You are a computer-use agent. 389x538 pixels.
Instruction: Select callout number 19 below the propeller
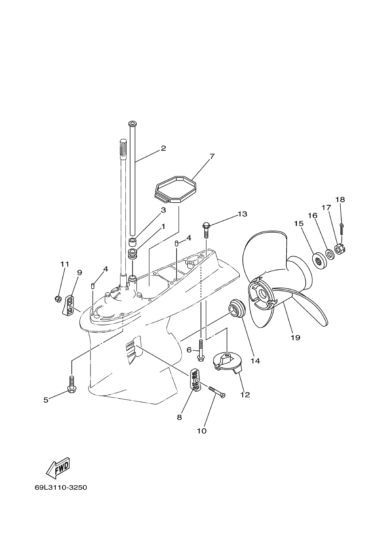click(296, 338)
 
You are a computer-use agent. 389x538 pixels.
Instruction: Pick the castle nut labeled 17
click(339, 249)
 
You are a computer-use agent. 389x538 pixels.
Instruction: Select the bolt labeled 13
click(206, 230)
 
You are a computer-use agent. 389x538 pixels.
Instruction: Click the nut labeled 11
click(58, 299)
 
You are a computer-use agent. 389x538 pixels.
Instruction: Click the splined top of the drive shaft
click(123, 148)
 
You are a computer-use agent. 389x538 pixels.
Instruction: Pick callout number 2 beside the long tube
click(163, 148)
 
